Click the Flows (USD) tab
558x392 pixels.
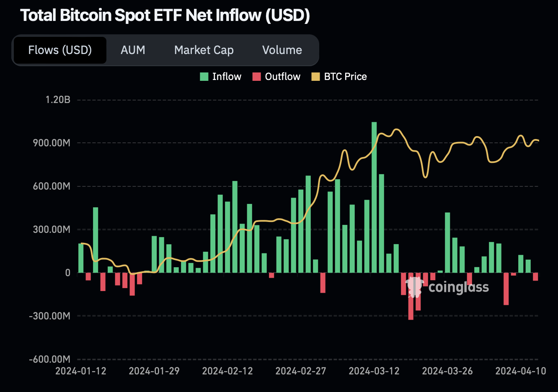[60, 50]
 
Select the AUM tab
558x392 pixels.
[133, 50]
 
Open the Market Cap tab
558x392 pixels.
[204, 50]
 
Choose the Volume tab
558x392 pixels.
[282, 50]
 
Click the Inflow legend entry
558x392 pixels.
[221, 77]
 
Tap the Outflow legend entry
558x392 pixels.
[276, 77]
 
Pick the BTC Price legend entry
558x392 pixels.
[339, 77]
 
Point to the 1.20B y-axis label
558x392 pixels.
[58, 100]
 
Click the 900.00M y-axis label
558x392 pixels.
[52, 143]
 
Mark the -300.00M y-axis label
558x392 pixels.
[49, 316]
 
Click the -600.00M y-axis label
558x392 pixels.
[49, 359]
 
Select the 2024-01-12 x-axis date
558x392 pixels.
[81, 371]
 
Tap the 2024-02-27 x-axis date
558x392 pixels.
[301, 371]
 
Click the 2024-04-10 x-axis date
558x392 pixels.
[521, 371]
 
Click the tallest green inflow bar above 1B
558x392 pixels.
[374, 197]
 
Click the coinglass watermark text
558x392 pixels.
[459, 287]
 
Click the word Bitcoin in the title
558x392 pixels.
[85, 15]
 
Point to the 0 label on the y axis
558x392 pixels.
[67, 273]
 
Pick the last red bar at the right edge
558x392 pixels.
[535, 276]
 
